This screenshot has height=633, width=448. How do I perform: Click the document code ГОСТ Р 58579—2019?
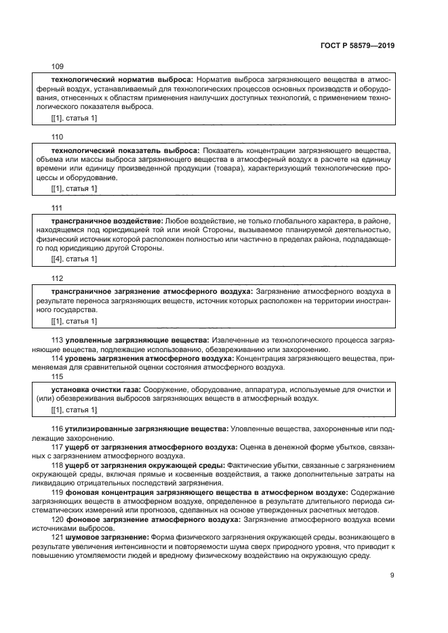(x=357, y=45)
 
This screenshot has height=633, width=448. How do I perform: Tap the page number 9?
(x=392, y=575)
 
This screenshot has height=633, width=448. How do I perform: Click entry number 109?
(x=58, y=66)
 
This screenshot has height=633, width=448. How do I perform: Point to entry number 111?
(x=58, y=208)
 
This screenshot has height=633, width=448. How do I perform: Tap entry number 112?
(x=58, y=278)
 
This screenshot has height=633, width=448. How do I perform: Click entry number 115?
(x=58, y=376)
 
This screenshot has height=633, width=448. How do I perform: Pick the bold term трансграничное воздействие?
(x=107, y=221)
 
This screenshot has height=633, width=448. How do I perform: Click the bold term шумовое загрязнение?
(x=106, y=537)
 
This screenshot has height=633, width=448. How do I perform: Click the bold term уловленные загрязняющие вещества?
(x=136, y=339)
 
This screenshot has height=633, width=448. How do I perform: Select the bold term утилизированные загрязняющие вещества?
(x=146, y=429)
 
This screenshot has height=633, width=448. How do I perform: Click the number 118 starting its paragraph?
(x=58, y=465)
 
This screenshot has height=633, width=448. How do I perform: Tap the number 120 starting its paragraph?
(x=58, y=519)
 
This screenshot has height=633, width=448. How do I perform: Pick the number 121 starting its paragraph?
(x=58, y=537)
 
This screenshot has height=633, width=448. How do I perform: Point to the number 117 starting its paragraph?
(x=58, y=448)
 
